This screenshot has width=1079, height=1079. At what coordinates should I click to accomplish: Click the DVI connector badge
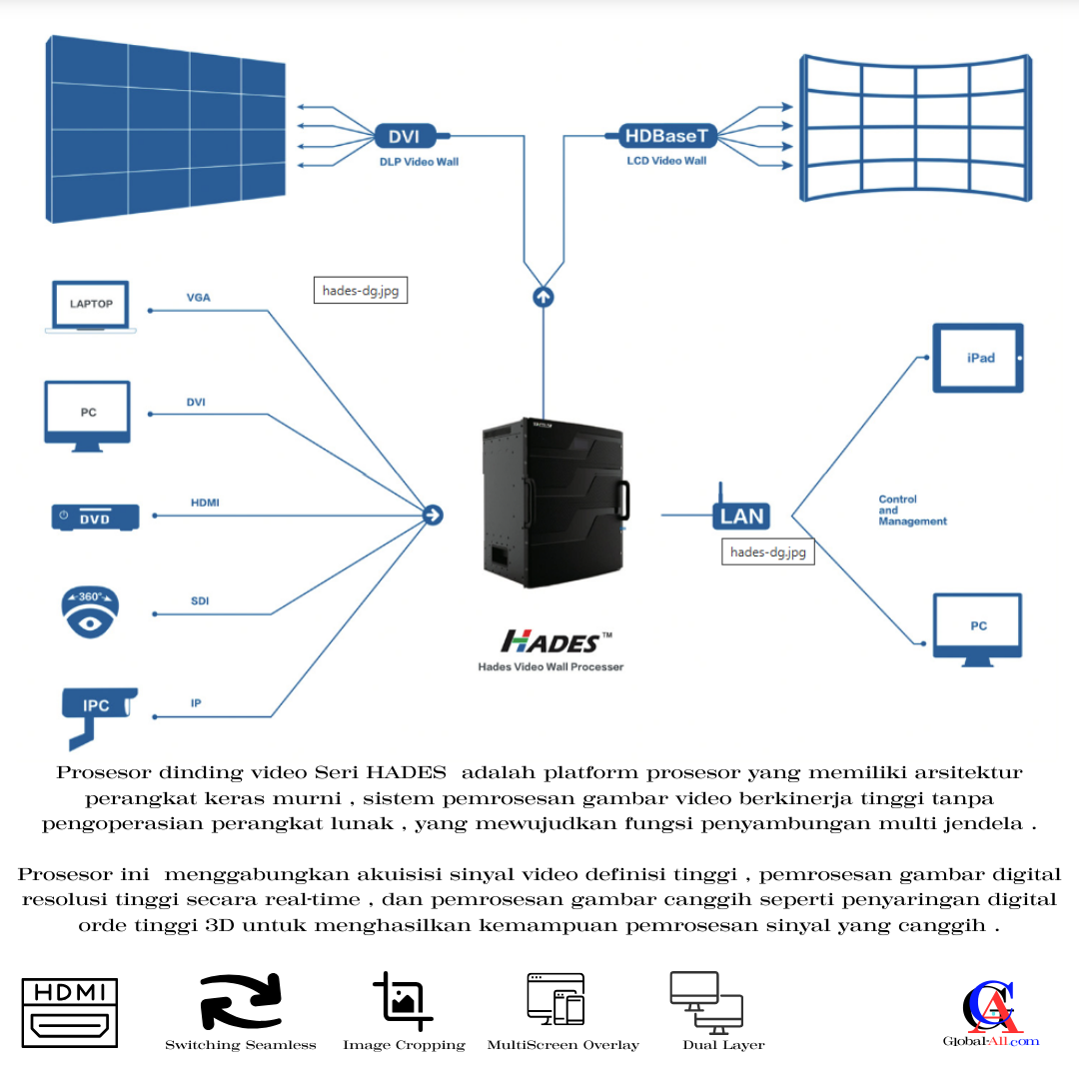pyautogui.click(x=404, y=136)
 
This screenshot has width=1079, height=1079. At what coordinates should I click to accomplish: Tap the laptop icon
pyautogui.click(x=90, y=306)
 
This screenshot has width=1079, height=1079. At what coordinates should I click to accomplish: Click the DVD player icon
pyautogui.click(x=95, y=517)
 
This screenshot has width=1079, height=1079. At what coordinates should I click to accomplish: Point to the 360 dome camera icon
pyautogui.click(x=90, y=611)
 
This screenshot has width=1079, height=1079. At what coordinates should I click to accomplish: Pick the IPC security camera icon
pyautogui.click(x=96, y=710)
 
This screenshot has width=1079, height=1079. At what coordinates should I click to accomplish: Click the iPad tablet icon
pyautogui.click(x=978, y=358)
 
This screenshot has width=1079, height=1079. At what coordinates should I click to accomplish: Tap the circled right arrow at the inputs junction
pyautogui.click(x=433, y=515)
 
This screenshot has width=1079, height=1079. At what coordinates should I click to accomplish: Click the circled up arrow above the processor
pyautogui.click(x=543, y=297)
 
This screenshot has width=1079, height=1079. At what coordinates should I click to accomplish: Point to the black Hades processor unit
pyautogui.click(x=553, y=505)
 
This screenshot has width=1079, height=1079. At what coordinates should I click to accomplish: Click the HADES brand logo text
pyautogui.click(x=552, y=640)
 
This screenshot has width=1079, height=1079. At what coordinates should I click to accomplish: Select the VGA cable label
pyautogui.click(x=198, y=298)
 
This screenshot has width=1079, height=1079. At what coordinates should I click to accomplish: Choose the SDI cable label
pyautogui.click(x=199, y=601)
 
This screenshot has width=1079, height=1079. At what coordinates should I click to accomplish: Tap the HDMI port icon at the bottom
pyautogui.click(x=70, y=1013)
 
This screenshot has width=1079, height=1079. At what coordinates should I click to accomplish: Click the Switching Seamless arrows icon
pyautogui.click(x=240, y=1002)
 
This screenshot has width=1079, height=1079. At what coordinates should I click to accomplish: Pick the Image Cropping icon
pyautogui.click(x=404, y=1001)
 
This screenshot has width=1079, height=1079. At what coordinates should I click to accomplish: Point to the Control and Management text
pyautogui.click(x=912, y=510)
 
